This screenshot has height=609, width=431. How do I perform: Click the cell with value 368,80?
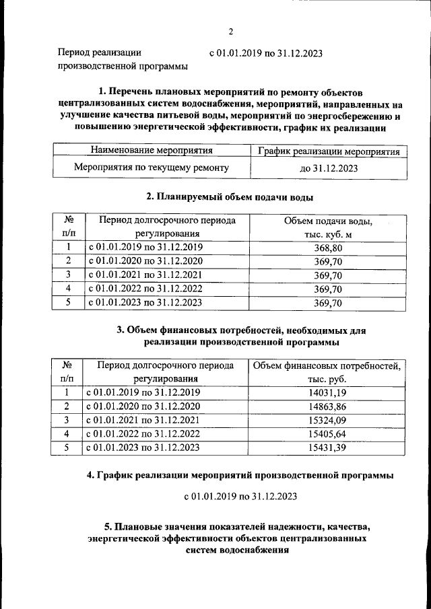coord(328,248)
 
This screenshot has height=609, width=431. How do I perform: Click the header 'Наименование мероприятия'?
coord(151,151)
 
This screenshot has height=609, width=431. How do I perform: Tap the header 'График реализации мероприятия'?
coord(329,151)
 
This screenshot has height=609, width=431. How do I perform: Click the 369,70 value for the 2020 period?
coord(328,261)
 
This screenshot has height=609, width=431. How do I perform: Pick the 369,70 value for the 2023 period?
coord(328,303)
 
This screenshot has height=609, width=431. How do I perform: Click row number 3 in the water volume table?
coord(69,275)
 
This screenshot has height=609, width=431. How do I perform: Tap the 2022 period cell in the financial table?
coord(142,433)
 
